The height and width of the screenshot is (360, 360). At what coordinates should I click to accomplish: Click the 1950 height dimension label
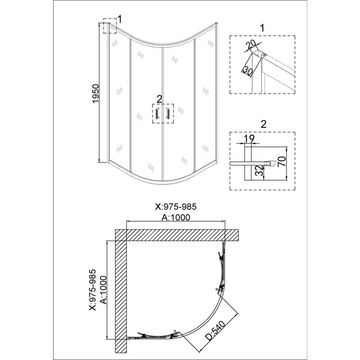tap(95, 94)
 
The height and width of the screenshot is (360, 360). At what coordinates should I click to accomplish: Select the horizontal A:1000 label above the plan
tap(176, 217)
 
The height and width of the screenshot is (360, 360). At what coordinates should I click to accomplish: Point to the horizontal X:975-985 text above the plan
tap(176, 207)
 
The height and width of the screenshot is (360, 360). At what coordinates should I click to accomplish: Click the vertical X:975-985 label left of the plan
tap(93, 290)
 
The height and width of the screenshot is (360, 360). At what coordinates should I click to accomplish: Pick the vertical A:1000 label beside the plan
tap(103, 290)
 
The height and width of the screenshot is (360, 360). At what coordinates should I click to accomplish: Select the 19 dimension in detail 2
tap(249, 139)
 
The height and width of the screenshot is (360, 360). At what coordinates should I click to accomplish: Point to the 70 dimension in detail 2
tap(283, 161)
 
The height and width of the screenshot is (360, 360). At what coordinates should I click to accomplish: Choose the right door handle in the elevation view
tap(167, 113)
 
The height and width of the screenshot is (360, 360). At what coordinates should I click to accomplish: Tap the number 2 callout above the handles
tap(159, 99)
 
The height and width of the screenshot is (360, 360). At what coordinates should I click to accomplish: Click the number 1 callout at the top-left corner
tap(120, 19)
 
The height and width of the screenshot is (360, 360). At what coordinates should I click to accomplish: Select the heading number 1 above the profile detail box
tap(262, 28)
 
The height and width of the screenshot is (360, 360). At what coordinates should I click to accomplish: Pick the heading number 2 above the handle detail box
tap(264, 124)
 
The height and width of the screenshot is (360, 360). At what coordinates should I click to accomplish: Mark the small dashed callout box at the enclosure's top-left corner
tap(110, 26)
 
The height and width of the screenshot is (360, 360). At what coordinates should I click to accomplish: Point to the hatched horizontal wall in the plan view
tap(177, 235)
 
